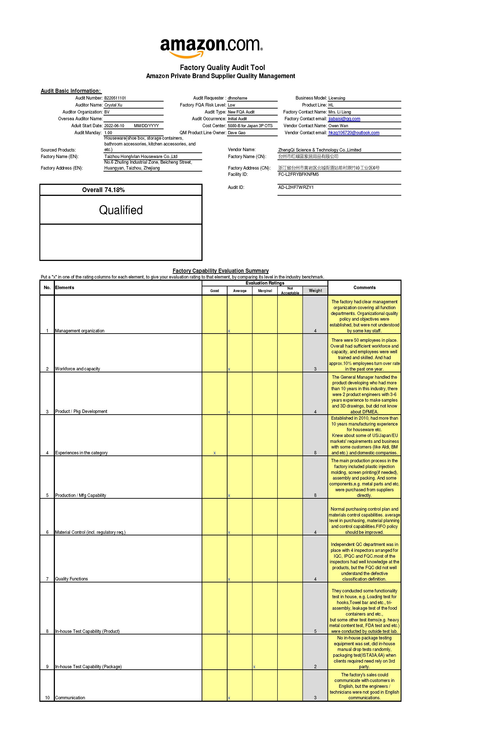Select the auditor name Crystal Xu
[113, 105]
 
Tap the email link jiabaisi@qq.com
[344, 119]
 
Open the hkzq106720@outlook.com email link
[354, 133]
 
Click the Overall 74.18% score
[103, 190]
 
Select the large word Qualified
[121, 210]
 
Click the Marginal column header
[265, 291]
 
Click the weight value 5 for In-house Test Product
[315, 631]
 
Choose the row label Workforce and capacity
[77, 369]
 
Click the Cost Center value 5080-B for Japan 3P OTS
[250, 126]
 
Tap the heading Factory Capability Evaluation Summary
[220, 271]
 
